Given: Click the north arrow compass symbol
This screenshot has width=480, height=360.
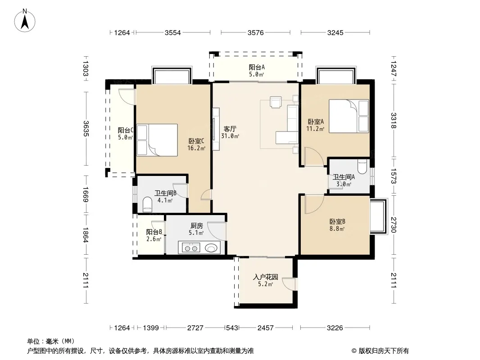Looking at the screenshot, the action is pos(25,20).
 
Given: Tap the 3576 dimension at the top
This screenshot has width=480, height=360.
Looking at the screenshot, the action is pos(256,32).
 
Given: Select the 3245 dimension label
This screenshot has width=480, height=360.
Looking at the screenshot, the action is pos(335,32).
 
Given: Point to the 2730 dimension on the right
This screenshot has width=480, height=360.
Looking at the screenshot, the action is pos(394,225).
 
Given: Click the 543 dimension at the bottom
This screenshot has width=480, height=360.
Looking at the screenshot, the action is pos(232,328).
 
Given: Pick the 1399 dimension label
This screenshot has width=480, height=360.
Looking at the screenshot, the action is pos(150,328).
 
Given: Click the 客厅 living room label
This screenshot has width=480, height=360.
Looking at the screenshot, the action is pos(230,129).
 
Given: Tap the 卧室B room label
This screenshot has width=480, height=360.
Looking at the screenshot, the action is pos(337,221).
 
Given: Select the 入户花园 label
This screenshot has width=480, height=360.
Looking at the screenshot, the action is pos(265,277).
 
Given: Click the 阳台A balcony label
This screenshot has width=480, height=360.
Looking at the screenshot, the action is pos(257,67).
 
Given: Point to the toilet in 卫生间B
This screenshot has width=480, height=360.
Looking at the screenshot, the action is pos(147,205).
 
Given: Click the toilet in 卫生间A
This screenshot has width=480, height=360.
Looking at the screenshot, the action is pos(362,166).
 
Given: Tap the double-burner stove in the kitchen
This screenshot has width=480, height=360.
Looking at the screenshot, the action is pos(191,247).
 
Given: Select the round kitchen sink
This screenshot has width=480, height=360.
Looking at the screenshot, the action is pos(211,247).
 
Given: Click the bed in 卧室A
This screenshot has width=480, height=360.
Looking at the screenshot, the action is pos(349,116).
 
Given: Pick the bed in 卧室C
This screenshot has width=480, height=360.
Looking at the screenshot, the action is pos(157,140).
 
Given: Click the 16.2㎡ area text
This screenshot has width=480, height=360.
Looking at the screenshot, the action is pos(196,148).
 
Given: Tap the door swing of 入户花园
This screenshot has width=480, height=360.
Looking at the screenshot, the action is pos(289,283).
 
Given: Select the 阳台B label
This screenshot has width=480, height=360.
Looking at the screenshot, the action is pos(154,232).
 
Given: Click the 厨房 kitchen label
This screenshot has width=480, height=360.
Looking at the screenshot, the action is pos(196,226).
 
